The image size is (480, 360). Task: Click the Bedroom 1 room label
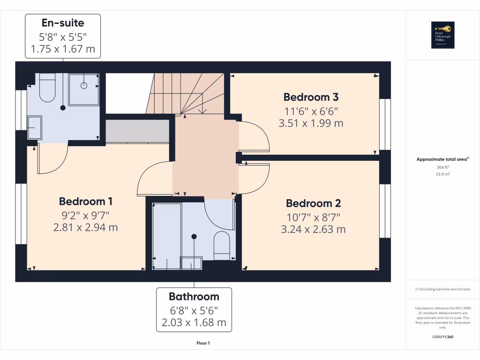tap(86, 202)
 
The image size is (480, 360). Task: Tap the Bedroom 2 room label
tap(314, 203)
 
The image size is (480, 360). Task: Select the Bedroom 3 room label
tap(311, 97)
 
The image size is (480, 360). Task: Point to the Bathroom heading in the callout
tap(194, 296)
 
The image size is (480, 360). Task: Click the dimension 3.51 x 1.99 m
tap(311, 123)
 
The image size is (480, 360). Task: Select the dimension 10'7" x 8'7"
tap(314, 217)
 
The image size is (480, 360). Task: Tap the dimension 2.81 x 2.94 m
tap(86, 228)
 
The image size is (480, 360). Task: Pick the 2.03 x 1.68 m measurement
tap(194, 322)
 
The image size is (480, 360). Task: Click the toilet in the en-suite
tap(47, 89)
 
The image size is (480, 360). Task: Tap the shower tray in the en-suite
tap(84, 89)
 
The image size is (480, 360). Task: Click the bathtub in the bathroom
tap(167, 236)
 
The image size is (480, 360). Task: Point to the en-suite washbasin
tap(35, 127)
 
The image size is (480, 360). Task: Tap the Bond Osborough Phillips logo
tap(443, 35)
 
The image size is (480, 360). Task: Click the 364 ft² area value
tap(443, 167)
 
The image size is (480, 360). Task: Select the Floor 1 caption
tap(203, 343)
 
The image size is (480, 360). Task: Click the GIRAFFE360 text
tap(443, 337)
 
